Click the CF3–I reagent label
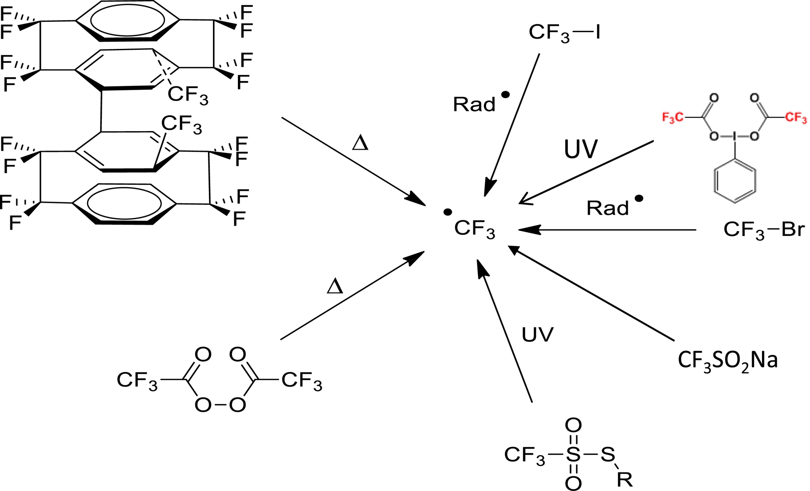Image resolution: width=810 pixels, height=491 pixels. [564, 32]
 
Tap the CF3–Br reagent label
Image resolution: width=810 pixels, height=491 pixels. [764, 230]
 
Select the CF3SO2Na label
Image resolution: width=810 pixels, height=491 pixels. [727, 361]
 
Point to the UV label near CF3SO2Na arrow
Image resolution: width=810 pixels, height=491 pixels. [537, 335]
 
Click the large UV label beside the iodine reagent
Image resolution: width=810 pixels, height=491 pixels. [580, 149]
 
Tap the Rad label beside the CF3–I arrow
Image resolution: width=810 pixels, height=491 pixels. [474, 104]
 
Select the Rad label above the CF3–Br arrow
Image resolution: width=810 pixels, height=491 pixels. [608, 208]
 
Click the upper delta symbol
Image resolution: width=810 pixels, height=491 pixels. [360, 143]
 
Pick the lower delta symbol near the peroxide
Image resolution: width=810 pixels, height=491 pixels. [335, 287]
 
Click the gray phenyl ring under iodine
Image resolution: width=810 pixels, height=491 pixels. [734, 182]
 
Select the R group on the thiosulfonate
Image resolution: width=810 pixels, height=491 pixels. [625, 480]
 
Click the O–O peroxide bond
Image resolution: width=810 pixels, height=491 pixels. [220, 405]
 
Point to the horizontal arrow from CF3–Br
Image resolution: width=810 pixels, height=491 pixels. [607, 230]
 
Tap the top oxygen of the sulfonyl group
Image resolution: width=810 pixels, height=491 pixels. [573, 425]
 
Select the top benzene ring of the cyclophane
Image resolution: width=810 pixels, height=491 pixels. [127, 20]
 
